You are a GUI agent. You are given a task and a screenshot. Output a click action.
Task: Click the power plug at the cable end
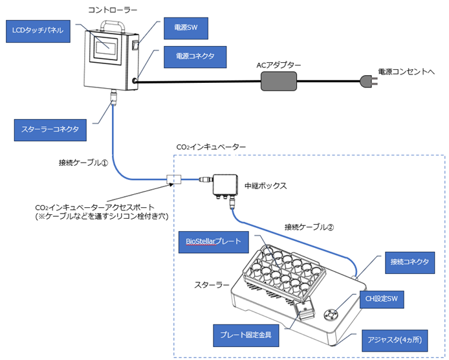pyautogui.click(x=366, y=82)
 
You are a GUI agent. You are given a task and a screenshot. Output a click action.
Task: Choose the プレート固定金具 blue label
pyautogui.click(x=245, y=337)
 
